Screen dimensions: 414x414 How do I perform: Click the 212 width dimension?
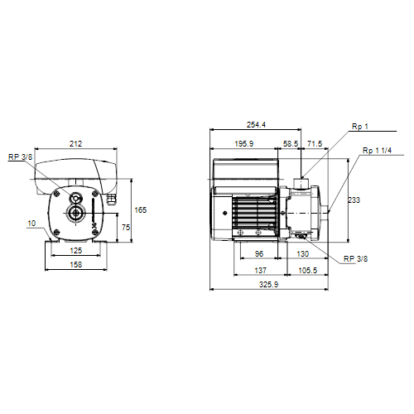pyautogui.click(x=75, y=144)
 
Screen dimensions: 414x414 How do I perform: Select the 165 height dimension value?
pyautogui.click(x=141, y=210)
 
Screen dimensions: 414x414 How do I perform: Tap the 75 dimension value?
pyautogui.click(x=126, y=228)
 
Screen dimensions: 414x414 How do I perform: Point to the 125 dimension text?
pyautogui.click(x=76, y=251)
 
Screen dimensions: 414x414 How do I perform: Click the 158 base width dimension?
pyautogui.click(x=76, y=265)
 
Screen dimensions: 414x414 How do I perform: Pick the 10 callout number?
pyautogui.click(x=31, y=224)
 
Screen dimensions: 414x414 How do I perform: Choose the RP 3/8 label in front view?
pyautogui.click(x=20, y=157)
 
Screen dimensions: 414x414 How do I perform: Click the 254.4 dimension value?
pyautogui.click(x=256, y=125)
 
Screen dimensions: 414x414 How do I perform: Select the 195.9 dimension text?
pyautogui.click(x=244, y=144)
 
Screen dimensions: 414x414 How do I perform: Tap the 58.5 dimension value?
pyautogui.click(x=291, y=144)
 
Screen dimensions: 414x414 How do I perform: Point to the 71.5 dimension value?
pyautogui.click(x=315, y=144)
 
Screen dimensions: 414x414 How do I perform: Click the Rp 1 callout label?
pyautogui.click(x=360, y=127)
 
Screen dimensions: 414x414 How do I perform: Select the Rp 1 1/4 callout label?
pyautogui.click(x=377, y=151)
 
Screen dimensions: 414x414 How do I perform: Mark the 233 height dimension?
pyautogui.click(x=354, y=200)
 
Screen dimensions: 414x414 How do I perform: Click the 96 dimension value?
pyautogui.click(x=259, y=254)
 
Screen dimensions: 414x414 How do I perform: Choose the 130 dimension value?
pyautogui.click(x=302, y=254)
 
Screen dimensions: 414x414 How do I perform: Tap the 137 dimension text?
pyautogui.click(x=261, y=271)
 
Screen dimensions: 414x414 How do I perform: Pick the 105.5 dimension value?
pyautogui.click(x=308, y=271)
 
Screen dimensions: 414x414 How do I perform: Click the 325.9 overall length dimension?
pyautogui.click(x=268, y=285)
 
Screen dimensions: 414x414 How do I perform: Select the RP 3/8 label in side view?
pyautogui.click(x=355, y=259)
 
